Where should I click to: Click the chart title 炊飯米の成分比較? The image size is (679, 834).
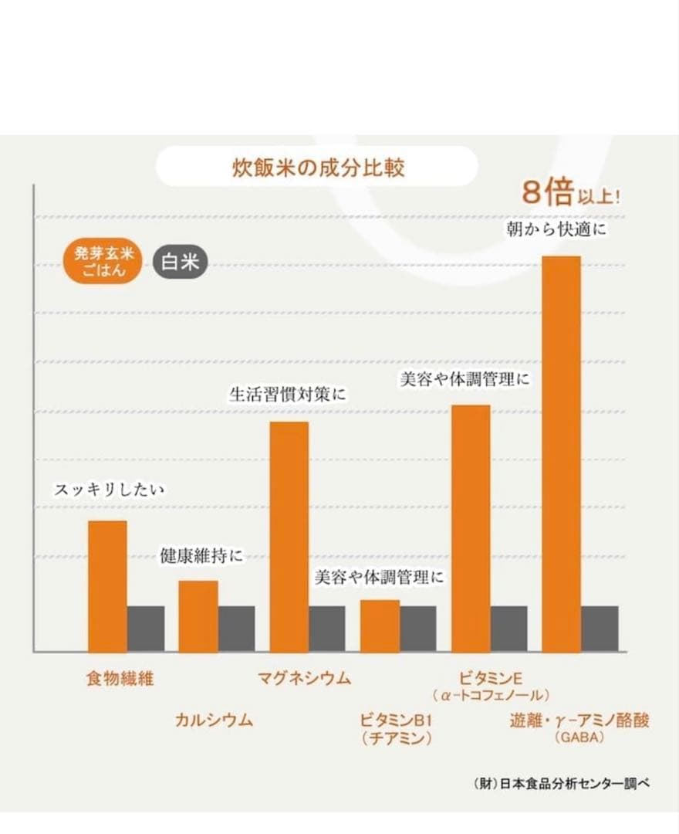coord(318,168)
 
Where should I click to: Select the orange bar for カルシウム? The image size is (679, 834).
coord(198,615)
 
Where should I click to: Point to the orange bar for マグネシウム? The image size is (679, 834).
coord(289,536)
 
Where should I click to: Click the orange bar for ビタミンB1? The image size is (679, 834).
coord(380,625)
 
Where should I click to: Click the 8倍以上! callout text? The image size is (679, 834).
coord(571,193)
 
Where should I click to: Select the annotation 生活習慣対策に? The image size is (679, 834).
coord(288,394)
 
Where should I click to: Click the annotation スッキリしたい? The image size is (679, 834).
coord(110,490)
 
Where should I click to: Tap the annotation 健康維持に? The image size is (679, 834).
coord(201,555)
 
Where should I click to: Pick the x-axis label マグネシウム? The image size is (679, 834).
coord(304,679)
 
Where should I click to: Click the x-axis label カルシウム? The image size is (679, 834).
coord(215,720)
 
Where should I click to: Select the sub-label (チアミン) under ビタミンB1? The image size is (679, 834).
coord(395,738)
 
